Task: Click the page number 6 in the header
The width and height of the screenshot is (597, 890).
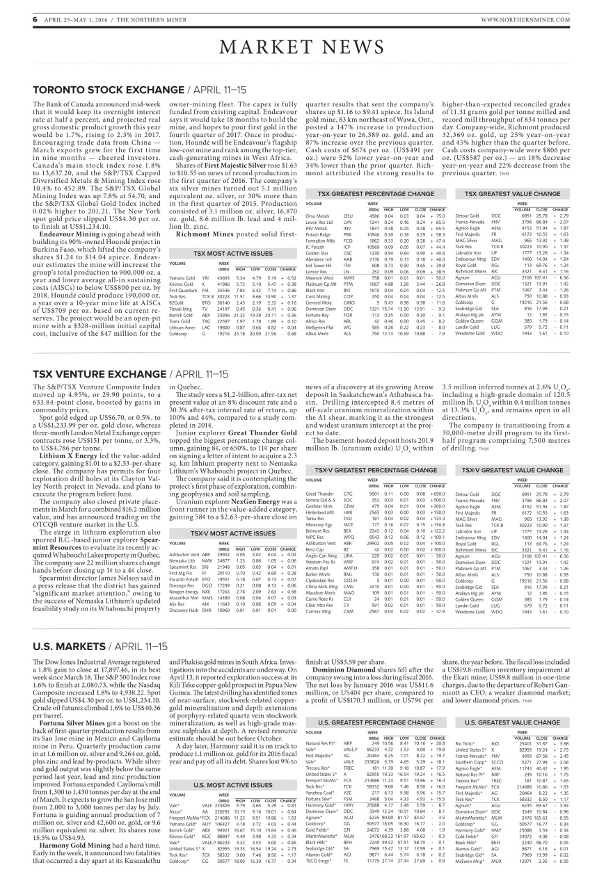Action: point(15,19)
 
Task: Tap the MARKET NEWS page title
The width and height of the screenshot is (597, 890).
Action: point(298,47)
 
